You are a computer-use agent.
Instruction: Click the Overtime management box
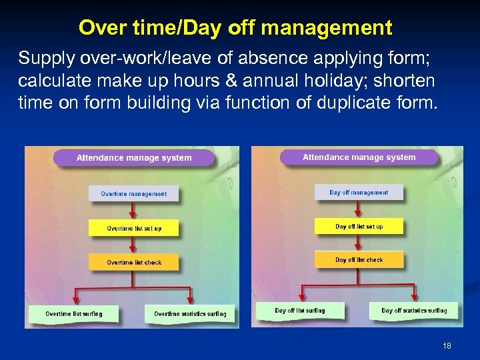pos(133,193)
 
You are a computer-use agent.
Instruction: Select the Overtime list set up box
pos(133,228)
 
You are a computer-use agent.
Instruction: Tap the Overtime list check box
pos(133,262)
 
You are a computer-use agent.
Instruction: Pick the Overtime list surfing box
pos(73,313)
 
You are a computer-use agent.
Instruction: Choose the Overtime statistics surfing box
pos(190,313)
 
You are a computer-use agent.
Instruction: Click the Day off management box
pos(359,192)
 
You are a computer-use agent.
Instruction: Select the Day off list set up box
pos(359,226)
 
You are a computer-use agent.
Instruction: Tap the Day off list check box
pos(359,259)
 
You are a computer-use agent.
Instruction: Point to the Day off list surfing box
pos(300,310)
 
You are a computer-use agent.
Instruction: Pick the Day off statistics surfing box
pos(414,310)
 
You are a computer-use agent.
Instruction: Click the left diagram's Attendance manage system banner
pos(134,158)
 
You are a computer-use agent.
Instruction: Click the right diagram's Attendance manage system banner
pos(359,157)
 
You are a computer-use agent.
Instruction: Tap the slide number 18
pos(447,346)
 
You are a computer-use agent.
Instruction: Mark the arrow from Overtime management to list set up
pos(133,211)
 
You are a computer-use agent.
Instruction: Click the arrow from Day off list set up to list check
pos(359,243)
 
